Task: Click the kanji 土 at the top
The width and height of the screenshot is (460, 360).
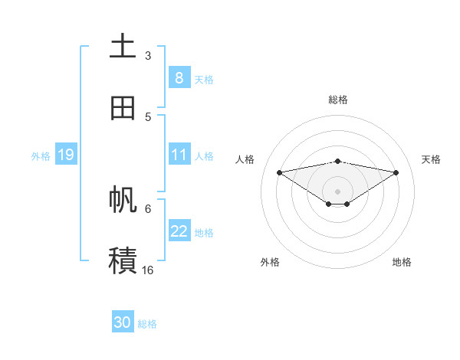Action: (x=123, y=46)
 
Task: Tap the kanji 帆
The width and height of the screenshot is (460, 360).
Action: (x=123, y=199)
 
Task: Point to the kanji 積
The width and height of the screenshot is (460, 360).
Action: (x=123, y=260)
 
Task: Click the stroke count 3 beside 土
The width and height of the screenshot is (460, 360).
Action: (x=148, y=56)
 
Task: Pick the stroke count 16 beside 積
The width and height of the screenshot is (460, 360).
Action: (x=148, y=270)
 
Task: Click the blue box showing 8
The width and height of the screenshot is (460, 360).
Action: (x=179, y=78)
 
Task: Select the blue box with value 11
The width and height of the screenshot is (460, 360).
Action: (x=179, y=155)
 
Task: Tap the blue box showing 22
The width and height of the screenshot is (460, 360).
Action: (x=179, y=231)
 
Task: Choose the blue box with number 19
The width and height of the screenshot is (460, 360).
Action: (x=66, y=155)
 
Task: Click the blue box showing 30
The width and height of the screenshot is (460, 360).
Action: (x=123, y=322)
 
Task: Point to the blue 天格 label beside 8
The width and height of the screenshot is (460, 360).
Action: (x=204, y=79)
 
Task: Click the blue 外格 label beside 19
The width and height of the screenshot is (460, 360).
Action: (x=41, y=156)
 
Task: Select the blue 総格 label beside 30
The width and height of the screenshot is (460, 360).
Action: (x=147, y=324)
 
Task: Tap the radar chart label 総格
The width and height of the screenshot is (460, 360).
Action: (x=338, y=100)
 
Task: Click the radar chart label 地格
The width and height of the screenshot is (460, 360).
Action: (x=402, y=263)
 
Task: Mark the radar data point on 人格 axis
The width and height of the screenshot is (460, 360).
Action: (x=279, y=172)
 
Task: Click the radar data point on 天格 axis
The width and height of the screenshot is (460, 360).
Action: (x=396, y=172)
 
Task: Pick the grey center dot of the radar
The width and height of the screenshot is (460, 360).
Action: (x=338, y=191)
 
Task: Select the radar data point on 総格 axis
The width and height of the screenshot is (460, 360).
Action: (x=338, y=161)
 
